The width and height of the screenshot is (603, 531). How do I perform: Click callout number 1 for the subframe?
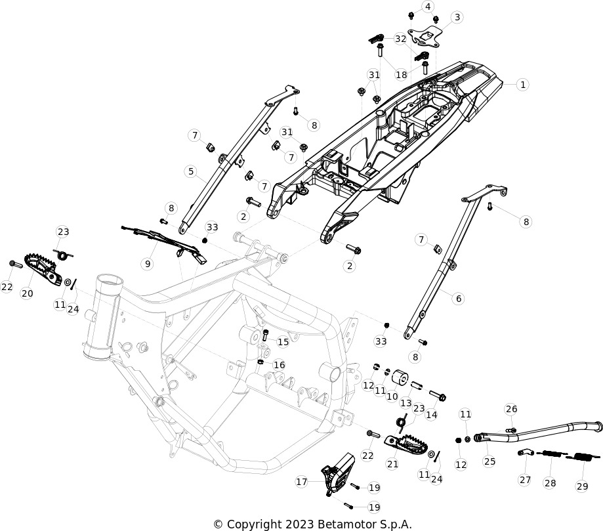pos(522,85)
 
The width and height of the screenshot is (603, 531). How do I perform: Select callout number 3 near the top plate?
pos(457,17)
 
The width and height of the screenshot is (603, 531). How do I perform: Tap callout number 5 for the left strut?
pos(191,171)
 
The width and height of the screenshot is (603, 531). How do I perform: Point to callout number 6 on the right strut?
pos(458,298)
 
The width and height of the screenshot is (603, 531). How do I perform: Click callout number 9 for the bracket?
pos(147,264)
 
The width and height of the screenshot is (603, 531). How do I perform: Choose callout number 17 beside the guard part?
pos(302,481)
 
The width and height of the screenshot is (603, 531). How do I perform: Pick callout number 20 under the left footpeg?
pos(27,293)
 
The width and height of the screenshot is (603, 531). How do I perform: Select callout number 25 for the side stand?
pos(489,461)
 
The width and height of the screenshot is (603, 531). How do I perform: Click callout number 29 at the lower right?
pos(582,486)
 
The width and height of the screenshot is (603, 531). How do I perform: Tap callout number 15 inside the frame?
pos(283,342)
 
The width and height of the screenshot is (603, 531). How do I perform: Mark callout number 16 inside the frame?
pos(280,365)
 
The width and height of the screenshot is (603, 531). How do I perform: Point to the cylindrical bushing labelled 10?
pos(400,377)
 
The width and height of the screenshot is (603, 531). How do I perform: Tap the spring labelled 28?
pos(550,454)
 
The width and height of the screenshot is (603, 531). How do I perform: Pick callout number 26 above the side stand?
pos(512,409)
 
